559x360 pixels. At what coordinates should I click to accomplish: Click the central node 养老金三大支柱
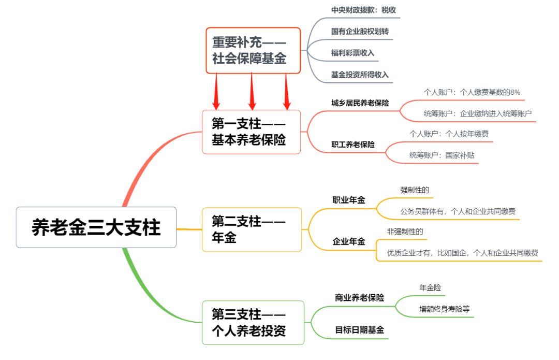(96, 227)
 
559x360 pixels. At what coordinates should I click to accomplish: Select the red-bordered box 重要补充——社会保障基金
(253, 50)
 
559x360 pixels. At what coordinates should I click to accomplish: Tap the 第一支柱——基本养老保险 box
(251, 132)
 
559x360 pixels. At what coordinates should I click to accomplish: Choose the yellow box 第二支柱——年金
(252, 229)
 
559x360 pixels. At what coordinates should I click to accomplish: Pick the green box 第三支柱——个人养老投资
(253, 322)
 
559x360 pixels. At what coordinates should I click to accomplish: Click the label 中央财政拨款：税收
(364, 10)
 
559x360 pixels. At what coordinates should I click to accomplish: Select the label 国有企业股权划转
(360, 32)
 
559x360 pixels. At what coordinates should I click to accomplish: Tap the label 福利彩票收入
(352, 53)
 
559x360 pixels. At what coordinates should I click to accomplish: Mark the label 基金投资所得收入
(360, 75)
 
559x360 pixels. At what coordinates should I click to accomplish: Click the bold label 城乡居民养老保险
(360, 103)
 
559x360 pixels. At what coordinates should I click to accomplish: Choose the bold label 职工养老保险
(353, 145)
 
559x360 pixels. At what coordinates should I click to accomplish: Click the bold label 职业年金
(348, 200)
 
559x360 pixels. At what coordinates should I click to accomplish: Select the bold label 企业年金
(348, 241)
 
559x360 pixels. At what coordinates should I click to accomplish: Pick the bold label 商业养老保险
(359, 298)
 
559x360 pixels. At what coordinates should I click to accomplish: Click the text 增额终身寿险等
(444, 309)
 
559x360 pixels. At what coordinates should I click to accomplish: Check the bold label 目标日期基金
(359, 330)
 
